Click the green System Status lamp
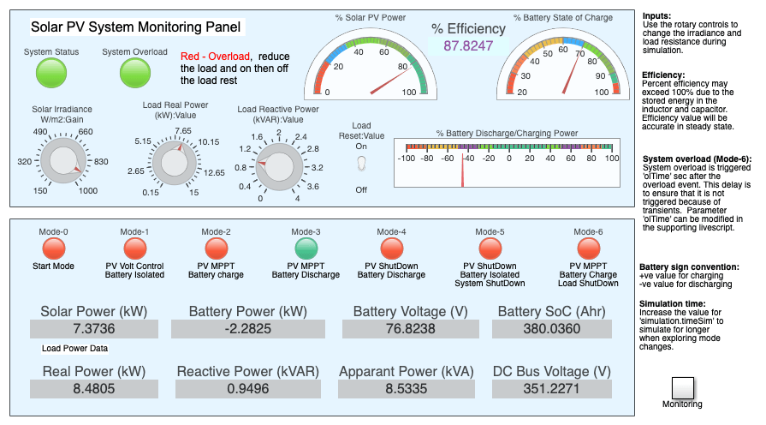[51, 75]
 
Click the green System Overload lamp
[134, 75]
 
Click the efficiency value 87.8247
[468, 46]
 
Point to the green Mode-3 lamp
[306, 248]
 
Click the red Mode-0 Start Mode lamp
[54, 248]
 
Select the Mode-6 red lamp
[588, 248]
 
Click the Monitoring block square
[682, 387]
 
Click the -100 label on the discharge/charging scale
[407, 159]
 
